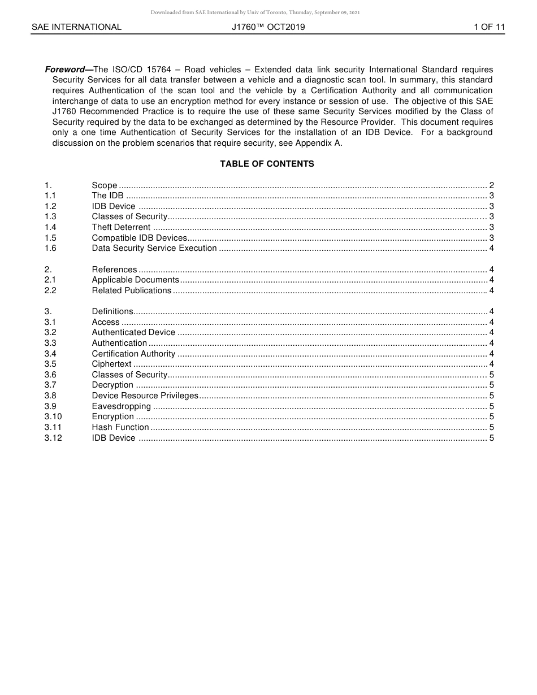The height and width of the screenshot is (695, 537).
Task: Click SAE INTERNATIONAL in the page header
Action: tap(76, 27)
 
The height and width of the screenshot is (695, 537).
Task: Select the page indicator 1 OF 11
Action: tap(489, 27)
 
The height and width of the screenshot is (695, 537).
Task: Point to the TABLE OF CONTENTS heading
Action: tap(267, 164)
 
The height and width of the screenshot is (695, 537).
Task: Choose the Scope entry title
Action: tap(105, 185)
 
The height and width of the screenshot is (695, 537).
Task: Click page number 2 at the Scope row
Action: tap(491, 185)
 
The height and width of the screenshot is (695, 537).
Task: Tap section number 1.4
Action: tap(50, 227)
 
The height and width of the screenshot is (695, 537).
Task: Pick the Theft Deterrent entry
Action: tap(121, 227)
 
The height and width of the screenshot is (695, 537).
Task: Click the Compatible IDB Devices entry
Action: tap(139, 238)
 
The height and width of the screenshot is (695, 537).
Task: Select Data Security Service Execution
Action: tap(154, 248)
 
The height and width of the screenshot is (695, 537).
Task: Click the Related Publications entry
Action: tap(131, 290)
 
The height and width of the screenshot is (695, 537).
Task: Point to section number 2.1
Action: tap(50, 280)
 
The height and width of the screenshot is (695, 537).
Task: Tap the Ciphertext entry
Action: tap(111, 364)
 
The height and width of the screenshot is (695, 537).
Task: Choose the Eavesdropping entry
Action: tap(121, 406)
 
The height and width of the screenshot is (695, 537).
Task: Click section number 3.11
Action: tap(53, 427)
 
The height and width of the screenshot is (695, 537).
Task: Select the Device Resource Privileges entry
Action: tap(145, 396)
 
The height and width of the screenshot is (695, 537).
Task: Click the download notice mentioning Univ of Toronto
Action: tap(255, 12)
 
